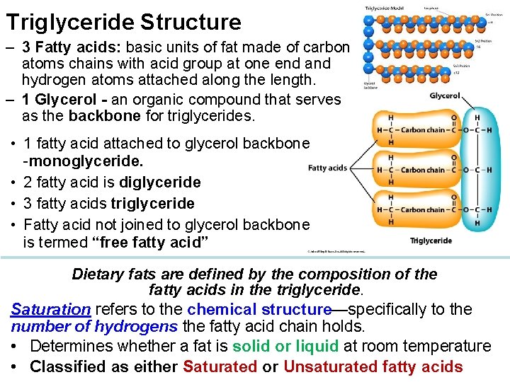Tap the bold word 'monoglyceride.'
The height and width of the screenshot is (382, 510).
(84, 163)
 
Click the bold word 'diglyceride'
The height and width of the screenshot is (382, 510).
(160, 183)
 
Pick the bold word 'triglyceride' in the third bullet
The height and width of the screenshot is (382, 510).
(152, 204)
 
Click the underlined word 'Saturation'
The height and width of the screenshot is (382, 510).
(50, 309)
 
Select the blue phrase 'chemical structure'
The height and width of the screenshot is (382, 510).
(259, 309)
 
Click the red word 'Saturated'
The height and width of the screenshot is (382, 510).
(220, 366)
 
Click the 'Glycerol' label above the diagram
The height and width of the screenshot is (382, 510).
(445, 95)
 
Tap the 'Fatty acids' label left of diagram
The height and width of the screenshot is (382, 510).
(327, 168)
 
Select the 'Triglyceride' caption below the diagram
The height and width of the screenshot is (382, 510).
(431, 241)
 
